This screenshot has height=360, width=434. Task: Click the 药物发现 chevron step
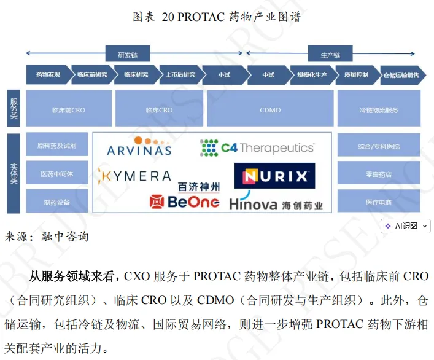48,75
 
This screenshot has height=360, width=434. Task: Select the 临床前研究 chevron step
92,75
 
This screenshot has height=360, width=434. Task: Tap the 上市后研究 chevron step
180,75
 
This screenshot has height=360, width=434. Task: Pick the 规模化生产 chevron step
312,75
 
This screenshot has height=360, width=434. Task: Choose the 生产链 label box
328,54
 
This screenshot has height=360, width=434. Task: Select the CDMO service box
270,109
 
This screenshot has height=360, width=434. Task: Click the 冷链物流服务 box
379,109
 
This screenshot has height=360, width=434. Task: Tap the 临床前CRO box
69,109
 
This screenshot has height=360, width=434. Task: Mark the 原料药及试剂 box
56,146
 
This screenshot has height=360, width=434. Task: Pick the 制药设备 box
56,202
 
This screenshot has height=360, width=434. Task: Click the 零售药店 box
379,174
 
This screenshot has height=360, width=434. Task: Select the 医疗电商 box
379,202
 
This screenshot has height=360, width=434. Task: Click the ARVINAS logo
139,147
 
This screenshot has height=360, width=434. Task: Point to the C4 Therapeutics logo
257,147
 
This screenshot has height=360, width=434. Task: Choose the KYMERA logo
134,176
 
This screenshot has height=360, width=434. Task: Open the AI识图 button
406,225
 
